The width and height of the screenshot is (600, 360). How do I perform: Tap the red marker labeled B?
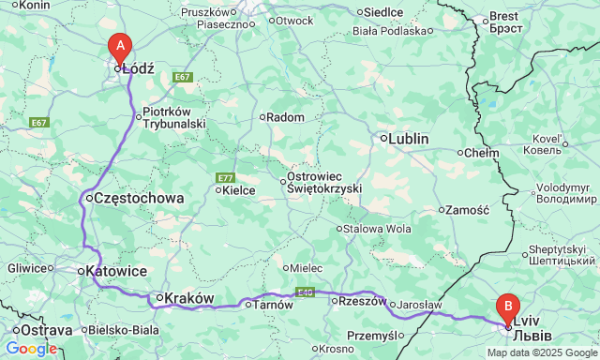[x=508, y=307]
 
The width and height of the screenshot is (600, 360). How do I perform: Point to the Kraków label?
[x=190, y=298]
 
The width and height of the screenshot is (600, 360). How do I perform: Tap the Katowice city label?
[x=116, y=271]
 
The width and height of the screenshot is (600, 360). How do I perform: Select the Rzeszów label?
[x=363, y=301]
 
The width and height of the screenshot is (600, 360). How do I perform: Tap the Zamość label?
[x=469, y=211]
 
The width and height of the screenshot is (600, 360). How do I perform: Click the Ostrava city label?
[x=46, y=331]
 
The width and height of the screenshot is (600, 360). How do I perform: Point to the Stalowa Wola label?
[x=378, y=228]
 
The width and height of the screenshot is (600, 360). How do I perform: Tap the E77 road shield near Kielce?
[x=225, y=178]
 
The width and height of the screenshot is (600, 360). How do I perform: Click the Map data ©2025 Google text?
[x=541, y=352]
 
